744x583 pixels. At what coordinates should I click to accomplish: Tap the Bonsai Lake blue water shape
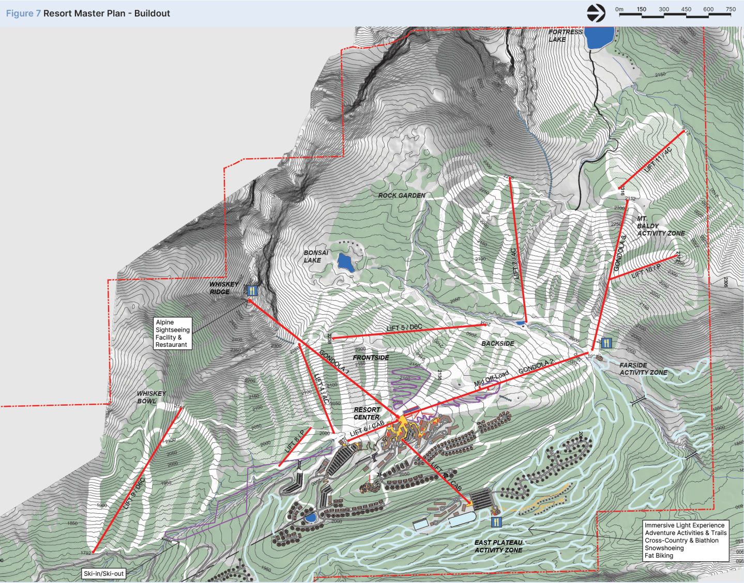point(345,263)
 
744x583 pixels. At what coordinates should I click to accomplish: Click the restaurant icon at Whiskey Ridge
point(252,290)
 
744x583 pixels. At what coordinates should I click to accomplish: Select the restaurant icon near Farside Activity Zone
point(606,343)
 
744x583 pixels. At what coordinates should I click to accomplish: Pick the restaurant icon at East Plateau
point(496,522)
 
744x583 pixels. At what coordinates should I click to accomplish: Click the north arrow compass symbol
point(596,13)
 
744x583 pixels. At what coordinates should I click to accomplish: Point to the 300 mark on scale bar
point(664,9)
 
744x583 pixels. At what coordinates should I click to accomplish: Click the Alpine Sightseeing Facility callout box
point(173,333)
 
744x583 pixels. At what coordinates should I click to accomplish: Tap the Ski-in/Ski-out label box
point(104,573)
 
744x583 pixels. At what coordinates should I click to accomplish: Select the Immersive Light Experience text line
point(684,525)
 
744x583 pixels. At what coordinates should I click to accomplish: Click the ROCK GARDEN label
point(402,195)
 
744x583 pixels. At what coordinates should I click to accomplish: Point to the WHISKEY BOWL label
point(151,397)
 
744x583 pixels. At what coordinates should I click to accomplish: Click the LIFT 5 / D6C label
point(404,328)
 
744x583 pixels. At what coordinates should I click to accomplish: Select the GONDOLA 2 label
point(536,366)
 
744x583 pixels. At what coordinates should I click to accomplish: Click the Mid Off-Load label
point(491,379)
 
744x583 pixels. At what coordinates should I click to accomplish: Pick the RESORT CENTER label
point(367,413)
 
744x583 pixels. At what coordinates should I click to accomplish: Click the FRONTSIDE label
point(371,358)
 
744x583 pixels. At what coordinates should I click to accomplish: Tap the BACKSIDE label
point(497,343)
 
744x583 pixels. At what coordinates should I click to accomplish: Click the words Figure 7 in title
point(23,13)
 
